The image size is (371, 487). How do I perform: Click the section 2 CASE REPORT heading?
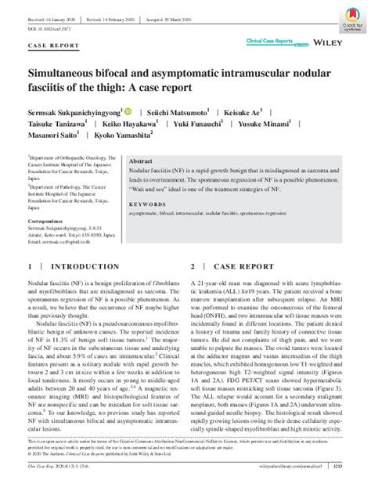[x=240, y=266]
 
